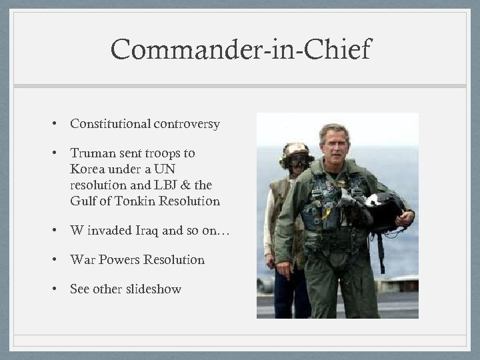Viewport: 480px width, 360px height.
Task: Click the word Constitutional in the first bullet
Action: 109,124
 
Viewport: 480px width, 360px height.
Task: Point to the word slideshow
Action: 153,289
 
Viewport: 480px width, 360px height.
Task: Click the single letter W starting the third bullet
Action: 77,231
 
